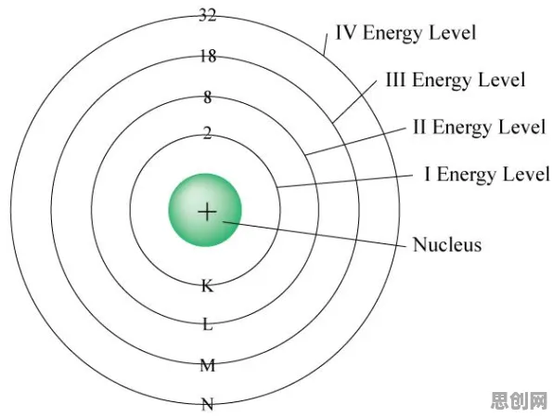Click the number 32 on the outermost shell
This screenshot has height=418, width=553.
208,15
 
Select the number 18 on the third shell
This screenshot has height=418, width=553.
208,56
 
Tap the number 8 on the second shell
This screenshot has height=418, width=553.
208,98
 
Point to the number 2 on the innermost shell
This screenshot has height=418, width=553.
208,133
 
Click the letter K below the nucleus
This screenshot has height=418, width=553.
208,285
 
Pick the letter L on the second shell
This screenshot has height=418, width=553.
208,324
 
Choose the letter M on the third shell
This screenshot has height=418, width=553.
208,365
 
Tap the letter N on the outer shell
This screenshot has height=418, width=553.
208,404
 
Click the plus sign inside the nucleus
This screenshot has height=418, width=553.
207,212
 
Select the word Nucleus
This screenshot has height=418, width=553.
447,244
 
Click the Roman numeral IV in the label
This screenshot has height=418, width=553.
347,33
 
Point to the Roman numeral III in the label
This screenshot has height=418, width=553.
395,80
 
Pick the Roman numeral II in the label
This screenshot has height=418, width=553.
419,126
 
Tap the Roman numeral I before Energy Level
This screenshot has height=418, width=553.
428,174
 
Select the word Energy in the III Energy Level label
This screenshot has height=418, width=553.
443,81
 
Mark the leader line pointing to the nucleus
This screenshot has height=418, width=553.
315,233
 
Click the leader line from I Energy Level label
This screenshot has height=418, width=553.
345,181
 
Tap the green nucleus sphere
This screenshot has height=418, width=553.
205,210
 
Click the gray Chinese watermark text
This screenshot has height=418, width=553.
520,400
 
